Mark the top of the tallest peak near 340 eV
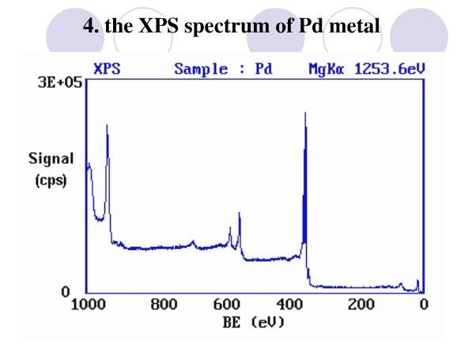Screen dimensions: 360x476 pos(305,113)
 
